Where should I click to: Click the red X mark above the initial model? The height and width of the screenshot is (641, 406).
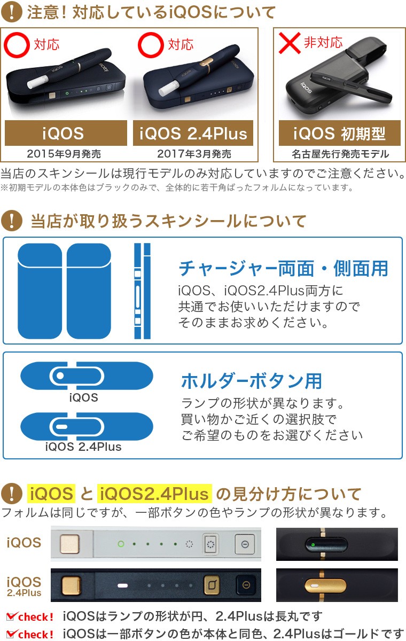point(289,42)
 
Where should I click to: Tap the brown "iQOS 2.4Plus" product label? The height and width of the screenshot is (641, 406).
point(193,133)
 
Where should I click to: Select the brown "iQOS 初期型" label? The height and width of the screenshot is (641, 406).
point(339,133)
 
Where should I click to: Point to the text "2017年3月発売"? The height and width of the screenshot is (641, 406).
point(194,154)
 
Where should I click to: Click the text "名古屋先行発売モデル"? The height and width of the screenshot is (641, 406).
point(340,154)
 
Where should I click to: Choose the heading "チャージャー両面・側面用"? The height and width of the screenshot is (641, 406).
point(284,268)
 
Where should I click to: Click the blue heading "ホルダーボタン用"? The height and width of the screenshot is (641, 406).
point(252,381)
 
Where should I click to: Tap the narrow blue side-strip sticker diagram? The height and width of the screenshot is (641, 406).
point(142,291)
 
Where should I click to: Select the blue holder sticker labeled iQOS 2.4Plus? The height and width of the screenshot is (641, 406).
point(87,427)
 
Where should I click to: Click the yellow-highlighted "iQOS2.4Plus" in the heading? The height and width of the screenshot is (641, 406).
point(155,493)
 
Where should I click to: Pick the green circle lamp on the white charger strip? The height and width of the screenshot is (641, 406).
point(121,544)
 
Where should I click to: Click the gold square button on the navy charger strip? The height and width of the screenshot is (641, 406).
point(68,585)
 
